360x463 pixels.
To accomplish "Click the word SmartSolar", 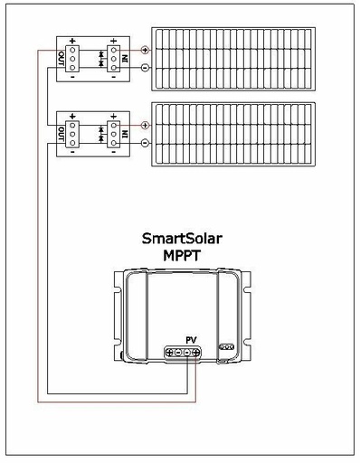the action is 182,240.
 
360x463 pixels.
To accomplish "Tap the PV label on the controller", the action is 191,340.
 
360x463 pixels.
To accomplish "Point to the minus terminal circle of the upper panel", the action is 146,69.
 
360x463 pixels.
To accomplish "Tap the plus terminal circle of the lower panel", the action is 146,125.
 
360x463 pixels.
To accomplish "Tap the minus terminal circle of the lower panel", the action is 146,144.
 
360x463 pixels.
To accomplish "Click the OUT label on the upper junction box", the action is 61,60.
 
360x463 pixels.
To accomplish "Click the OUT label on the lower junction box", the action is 61,135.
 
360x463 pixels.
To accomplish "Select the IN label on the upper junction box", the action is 124,60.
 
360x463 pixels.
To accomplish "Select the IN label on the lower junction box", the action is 124,135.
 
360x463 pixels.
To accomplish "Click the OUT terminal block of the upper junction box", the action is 72,60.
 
